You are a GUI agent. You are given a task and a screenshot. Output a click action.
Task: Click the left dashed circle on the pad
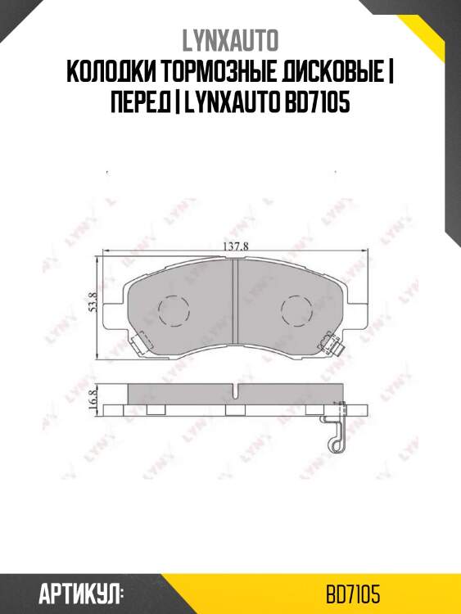coord(173,309)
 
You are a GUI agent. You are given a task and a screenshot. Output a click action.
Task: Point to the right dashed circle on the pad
coord(296,309)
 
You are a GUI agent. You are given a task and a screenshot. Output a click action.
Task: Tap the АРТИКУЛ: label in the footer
coord(80,593)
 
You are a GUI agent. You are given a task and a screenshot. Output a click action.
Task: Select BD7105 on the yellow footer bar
coord(353,593)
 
